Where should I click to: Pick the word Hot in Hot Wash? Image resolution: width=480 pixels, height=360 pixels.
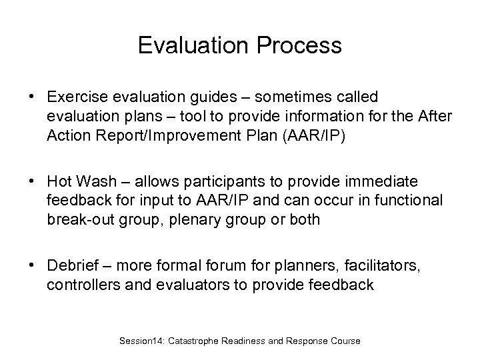point(59,183)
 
